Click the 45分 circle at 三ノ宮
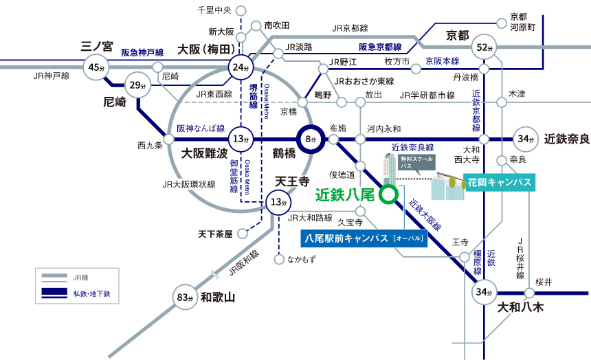click(x=95, y=67)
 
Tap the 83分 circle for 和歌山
click(x=183, y=297)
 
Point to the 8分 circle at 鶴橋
click(x=310, y=139)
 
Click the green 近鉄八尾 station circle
click(x=389, y=194)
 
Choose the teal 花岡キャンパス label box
click(x=499, y=182)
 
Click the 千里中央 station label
click(x=214, y=10)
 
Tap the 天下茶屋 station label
click(x=215, y=234)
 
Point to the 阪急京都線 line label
click(x=380, y=47)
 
